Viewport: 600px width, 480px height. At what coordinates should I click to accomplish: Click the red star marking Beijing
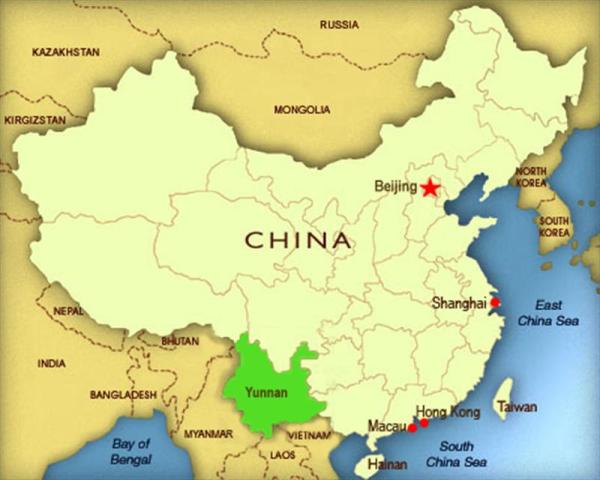(430, 187)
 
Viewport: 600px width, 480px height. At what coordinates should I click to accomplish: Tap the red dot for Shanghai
(494, 302)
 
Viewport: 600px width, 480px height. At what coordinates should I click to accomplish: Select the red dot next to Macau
(412, 428)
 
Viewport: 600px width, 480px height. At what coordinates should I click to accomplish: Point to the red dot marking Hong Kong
(425, 422)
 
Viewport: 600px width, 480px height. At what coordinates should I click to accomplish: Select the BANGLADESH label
(124, 395)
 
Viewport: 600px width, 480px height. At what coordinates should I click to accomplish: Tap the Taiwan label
(517, 408)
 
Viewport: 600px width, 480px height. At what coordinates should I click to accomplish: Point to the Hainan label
(388, 464)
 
